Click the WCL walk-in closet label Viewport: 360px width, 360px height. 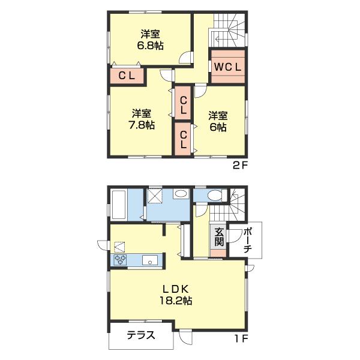227,67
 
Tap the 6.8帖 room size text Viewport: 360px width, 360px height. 151,46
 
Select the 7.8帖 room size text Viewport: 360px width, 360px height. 142,125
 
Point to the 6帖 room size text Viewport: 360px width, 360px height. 218,127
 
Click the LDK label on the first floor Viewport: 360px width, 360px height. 176,289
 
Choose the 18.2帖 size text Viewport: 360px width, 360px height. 176,301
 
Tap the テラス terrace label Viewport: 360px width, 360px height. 141,335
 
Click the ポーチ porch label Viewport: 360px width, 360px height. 248,241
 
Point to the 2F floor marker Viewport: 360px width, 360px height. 239,166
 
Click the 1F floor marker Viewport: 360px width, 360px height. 241,338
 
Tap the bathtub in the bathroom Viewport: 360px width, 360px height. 119,205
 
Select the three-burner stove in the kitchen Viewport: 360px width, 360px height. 120,260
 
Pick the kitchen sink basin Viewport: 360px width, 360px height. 149,260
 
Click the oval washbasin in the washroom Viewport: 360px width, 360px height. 181,194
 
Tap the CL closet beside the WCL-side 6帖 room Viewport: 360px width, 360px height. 183,139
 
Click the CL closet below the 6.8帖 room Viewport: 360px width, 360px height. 127,76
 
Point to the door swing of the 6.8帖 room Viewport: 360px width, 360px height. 185,57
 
